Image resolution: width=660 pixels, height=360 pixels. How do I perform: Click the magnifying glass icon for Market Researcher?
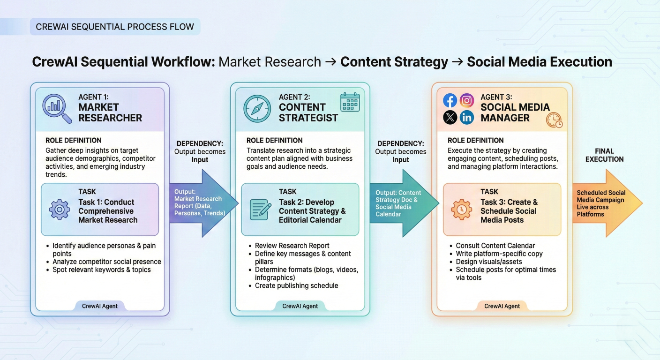[x=56, y=108]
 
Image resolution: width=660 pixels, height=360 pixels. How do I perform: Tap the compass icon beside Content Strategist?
[x=257, y=108]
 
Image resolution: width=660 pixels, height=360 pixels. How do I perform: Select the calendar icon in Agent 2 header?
[x=350, y=102]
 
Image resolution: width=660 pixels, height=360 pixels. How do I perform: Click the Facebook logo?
[x=450, y=100]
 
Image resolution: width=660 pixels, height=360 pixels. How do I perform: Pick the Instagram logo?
[x=466, y=100]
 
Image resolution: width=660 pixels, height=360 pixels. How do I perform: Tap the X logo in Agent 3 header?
[x=450, y=117]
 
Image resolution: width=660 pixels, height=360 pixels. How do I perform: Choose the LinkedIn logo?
[x=466, y=117]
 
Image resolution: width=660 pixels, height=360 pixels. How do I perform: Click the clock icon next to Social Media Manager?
[x=554, y=120]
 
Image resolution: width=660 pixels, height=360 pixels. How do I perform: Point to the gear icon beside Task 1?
[x=60, y=210]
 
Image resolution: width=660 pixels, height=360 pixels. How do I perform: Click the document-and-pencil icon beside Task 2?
[x=261, y=210]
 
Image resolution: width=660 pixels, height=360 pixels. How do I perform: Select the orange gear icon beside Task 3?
[x=461, y=210]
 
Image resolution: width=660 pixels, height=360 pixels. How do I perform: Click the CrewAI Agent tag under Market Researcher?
[x=100, y=306]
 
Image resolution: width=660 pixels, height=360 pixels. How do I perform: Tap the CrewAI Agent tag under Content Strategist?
[x=300, y=306]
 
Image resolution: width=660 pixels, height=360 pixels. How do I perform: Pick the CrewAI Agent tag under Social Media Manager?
[x=502, y=306]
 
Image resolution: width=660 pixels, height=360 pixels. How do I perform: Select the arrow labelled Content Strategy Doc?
[x=403, y=203]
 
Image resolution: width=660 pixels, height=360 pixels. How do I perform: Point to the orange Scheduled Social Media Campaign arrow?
[x=605, y=203]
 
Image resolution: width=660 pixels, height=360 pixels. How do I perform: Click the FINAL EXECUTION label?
[x=604, y=155]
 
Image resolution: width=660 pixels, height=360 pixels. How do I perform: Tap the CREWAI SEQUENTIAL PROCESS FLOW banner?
[x=115, y=27]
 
